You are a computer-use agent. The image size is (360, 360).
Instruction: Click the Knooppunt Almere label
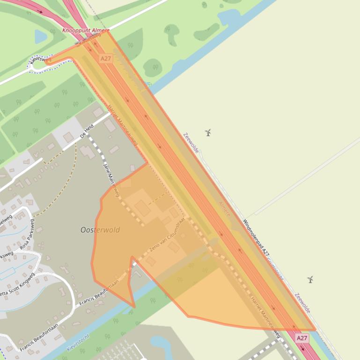[86, 30]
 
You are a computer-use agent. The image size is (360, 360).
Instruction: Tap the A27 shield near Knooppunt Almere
[106, 58]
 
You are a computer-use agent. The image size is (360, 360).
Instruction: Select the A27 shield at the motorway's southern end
[302, 338]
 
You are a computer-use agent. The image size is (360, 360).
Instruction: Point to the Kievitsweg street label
[40, 59]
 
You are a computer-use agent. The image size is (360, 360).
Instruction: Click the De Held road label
[87, 131]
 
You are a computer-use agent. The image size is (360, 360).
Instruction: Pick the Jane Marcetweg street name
[111, 180]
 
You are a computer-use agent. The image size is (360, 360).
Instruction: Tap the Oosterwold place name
[100, 230]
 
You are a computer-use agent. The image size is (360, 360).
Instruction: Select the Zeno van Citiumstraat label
[167, 235]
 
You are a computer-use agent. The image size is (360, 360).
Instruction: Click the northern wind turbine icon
[208, 133]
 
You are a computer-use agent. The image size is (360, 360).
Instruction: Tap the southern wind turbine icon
[310, 280]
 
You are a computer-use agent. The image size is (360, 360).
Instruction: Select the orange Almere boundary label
[225, 209]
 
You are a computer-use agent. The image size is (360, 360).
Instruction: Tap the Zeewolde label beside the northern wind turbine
[191, 143]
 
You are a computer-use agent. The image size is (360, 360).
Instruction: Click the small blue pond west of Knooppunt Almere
[41, 36]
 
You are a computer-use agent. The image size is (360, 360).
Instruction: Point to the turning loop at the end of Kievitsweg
[36, 65]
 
